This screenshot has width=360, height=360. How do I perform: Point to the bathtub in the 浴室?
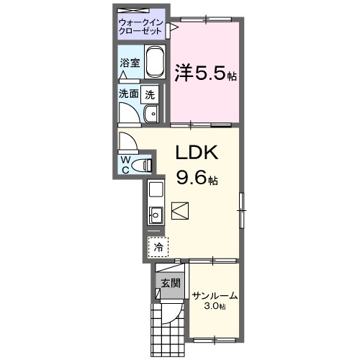click(156, 64)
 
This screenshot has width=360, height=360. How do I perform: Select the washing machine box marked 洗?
click(150, 93)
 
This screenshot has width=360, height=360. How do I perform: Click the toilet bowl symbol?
click(147, 165)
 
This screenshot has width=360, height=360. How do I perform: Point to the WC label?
click(125, 164)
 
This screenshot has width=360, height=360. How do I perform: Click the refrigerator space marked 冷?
click(157, 246)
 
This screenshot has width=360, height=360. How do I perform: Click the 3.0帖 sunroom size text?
click(214, 307)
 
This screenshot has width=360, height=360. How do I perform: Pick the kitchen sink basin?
click(156, 214)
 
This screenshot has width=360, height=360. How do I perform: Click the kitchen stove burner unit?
click(156, 191)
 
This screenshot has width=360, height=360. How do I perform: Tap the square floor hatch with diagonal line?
click(180, 210)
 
